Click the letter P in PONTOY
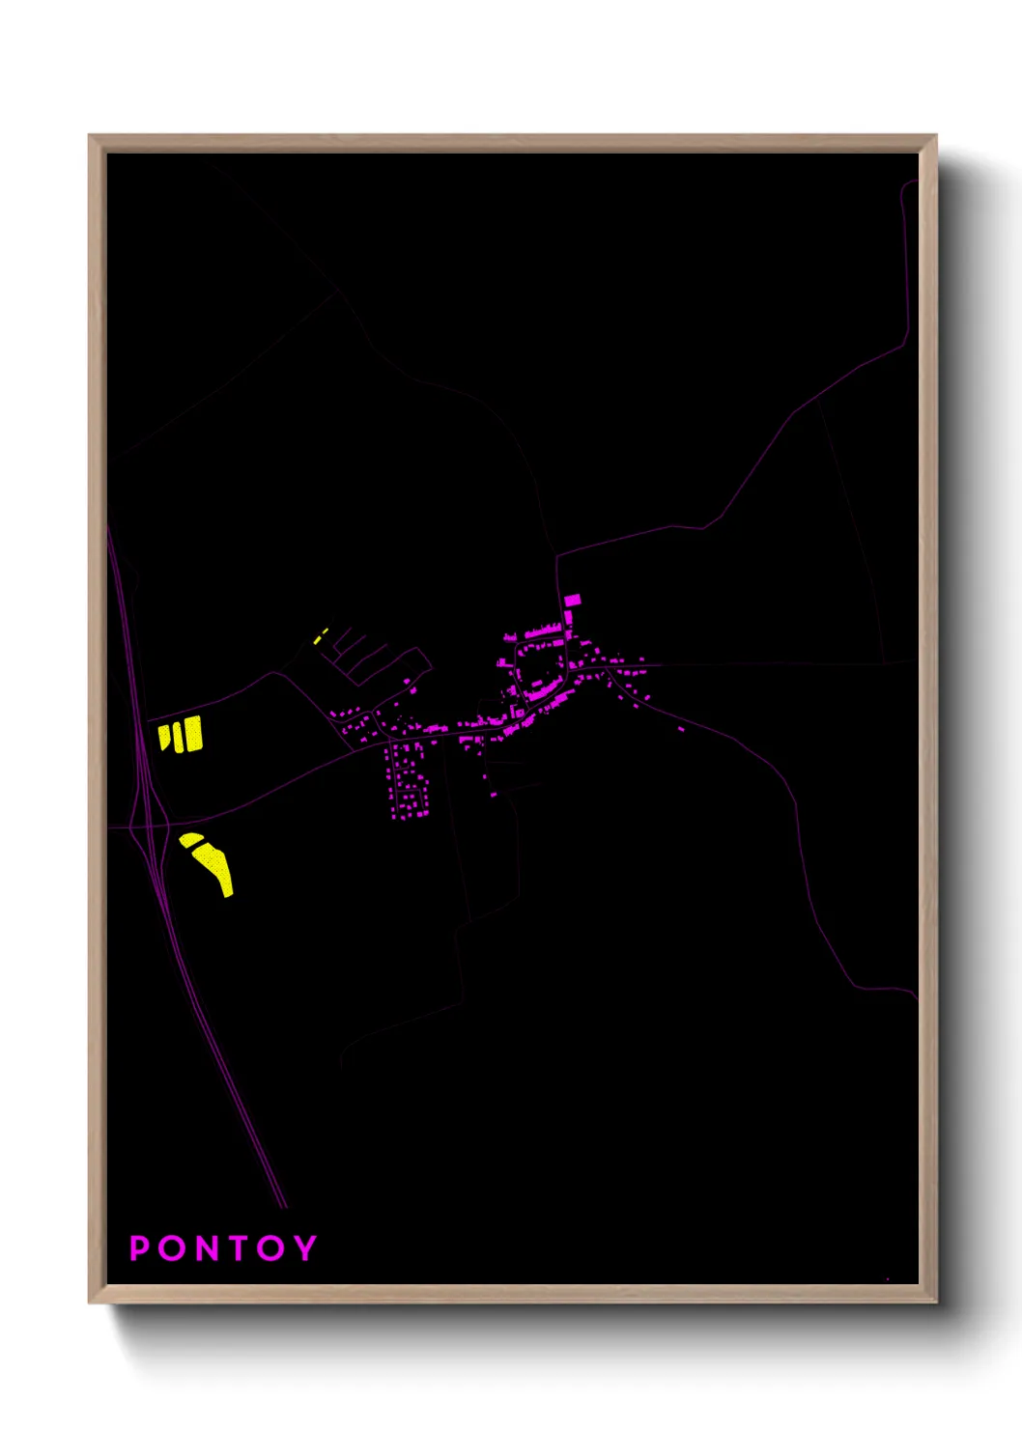pyautogui.click(x=140, y=1248)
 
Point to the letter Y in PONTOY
pyautogui.click(x=305, y=1248)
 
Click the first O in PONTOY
pyautogui.click(x=171, y=1248)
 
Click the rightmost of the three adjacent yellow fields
pyautogui.click(x=194, y=734)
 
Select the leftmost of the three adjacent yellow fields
pyautogui.click(x=164, y=737)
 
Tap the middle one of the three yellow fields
pyautogui.click(x=178, y=736)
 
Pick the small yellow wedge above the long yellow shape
pyautogui.click(x=190, y=839)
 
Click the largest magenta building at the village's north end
pyautogui.click(x=573, y=600)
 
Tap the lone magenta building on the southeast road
pyautogui.click(x=681, y=729)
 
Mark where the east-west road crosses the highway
pyautogui.click(x=142, y=827)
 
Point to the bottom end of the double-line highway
pyautogui.click(x=284, y=1206)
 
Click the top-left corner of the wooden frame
pyautogui.click(x=90, y=136)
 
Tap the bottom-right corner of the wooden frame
pyautogui.click(x=935, y=1302)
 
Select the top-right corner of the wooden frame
pyautogui.click(x=935, y=136)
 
